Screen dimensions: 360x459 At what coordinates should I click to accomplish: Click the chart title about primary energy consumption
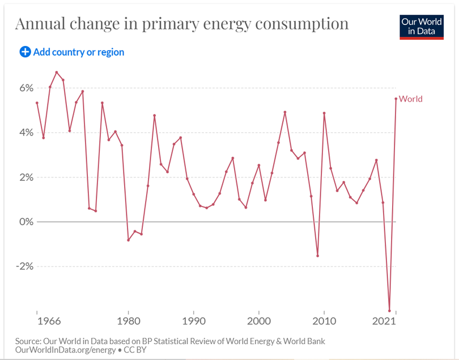(x=181, y=24)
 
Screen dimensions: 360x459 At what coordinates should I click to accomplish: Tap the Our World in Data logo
(x=422, y=26)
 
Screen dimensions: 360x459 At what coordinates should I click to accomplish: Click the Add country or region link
(x=78, y=52)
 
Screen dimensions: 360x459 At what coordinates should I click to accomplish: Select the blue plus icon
(x=25, y=52)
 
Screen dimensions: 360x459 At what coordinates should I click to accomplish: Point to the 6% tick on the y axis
(x=27, y=88)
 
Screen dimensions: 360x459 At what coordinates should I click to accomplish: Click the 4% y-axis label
(x=27, y=133)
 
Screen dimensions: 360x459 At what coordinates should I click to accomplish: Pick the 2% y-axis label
(x=27, y=177)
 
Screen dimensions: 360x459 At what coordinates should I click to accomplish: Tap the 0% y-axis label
(x=27, y=222)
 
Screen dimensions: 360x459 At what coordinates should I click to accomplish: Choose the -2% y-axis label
(x=25, y=266)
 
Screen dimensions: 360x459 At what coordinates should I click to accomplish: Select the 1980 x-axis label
(x=128, y=321)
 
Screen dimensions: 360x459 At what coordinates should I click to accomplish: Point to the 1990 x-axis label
(x=193, y=321)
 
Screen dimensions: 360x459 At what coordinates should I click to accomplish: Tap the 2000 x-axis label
(x=259, y=321)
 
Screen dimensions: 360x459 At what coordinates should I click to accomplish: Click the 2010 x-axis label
(x=324, y=321)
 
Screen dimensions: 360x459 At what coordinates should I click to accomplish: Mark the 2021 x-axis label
(x=384, y=321)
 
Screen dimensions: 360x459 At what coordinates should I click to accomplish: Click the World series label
(x=411, y=99)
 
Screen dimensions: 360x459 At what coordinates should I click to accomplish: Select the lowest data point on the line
(x=389, y=311)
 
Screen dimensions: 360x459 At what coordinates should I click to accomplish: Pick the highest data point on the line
(x=57, y=73)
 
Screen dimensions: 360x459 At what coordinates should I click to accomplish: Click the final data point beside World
(x=396, y=99)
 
